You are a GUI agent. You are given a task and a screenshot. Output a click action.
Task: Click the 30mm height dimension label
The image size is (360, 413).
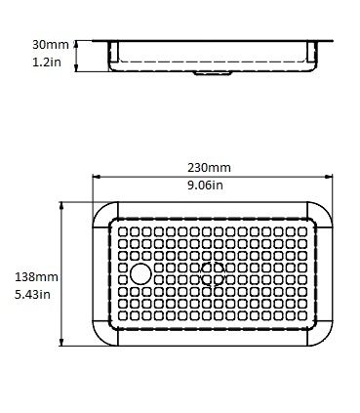[51, 45]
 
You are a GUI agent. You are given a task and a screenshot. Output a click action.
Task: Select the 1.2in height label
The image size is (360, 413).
[47, 62]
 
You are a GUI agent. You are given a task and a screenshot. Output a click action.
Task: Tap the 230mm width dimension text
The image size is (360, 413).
[209, 168]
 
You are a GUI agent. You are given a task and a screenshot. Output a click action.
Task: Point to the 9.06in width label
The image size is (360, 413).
[205, 186]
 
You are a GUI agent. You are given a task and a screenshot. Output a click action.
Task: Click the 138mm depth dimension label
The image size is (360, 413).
[36, 277]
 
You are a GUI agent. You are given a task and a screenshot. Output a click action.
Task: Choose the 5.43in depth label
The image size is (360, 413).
[32, 295]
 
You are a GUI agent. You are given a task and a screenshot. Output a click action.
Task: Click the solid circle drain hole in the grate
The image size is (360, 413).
[140, 273]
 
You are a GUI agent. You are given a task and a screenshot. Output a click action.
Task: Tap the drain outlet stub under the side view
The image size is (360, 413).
[213, 73]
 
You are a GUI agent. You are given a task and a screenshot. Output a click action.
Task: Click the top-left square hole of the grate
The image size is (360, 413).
[123, 231]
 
